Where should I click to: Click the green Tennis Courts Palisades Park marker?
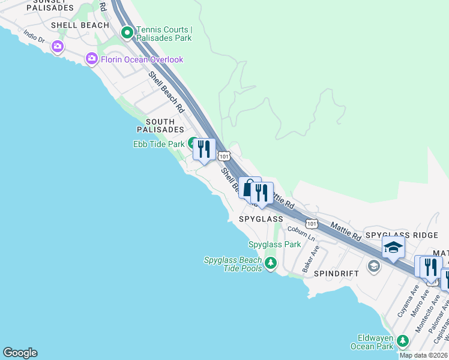click(127, 33)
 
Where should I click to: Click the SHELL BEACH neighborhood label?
click(80, 25)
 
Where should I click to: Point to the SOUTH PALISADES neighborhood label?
click(160, 125)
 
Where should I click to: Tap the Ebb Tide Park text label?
click(158, 144)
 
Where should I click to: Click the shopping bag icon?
click(249, 188)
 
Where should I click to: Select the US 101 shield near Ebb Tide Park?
click(223, 156)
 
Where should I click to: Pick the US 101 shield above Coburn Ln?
click(311, 223)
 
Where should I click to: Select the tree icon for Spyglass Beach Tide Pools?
click(271, 263)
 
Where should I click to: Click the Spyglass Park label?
click(274, 244)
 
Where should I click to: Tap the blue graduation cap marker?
click(393, 247)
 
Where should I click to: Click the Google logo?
click(20, 353)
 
